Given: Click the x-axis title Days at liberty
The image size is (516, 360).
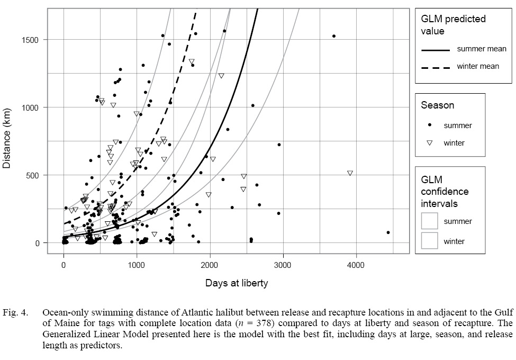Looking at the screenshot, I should [237, 283].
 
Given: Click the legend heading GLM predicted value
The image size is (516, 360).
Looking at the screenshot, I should [453, 25].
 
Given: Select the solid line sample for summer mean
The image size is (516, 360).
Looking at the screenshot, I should [435, 50].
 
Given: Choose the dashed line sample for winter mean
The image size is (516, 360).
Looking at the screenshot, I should [435, 67].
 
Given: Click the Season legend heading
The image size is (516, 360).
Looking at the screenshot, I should [437, 105].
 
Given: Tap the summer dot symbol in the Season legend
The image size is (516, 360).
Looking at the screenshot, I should [430, 125].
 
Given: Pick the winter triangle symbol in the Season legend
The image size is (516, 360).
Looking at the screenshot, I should [430, 142].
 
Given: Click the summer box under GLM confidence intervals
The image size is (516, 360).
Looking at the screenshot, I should [429, 221].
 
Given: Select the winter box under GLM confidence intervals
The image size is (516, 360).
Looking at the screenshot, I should [429, 241].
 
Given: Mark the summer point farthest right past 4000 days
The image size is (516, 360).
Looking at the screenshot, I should [388, 232].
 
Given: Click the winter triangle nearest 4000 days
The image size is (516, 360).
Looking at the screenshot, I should [350, 173].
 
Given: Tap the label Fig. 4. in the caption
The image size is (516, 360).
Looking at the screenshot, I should [17, 312].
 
